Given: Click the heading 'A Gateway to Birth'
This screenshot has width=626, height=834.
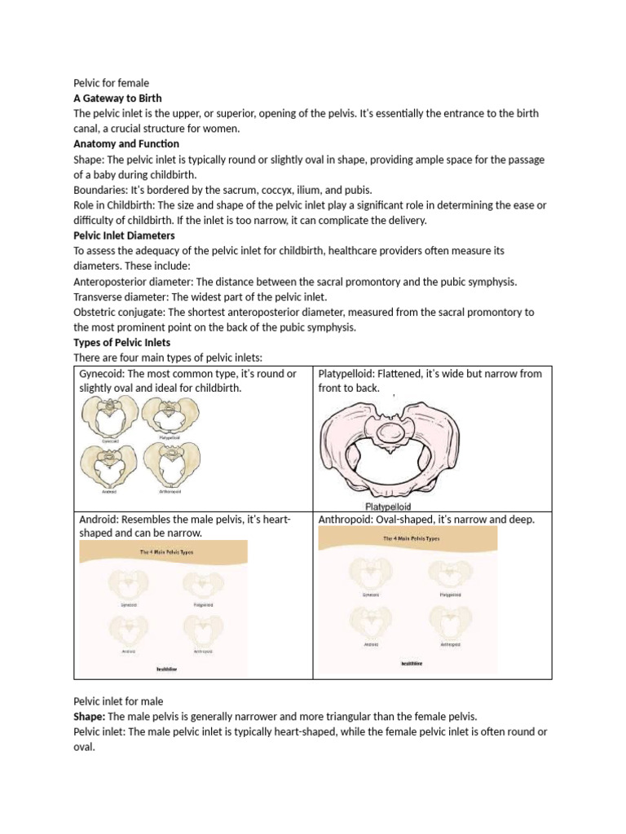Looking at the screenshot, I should pyautogui.click(x=117, y=98).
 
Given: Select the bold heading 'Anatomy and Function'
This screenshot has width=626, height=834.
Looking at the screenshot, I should pyautogui.click(x=126, y=144).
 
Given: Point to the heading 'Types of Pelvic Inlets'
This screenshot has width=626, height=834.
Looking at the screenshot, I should pyautogui.click(x=121, y=343).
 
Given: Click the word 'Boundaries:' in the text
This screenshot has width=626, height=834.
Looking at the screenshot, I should pyautogui.click(x=102, y=190).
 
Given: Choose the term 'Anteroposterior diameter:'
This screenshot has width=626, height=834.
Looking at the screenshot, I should pyautogui.click(x=138, y=282).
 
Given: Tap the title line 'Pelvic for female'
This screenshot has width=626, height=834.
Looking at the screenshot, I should pyautogui.click(x=112, y=83).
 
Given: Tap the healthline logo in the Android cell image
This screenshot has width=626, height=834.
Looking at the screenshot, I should pyautogui.click(x=167, y=669).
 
